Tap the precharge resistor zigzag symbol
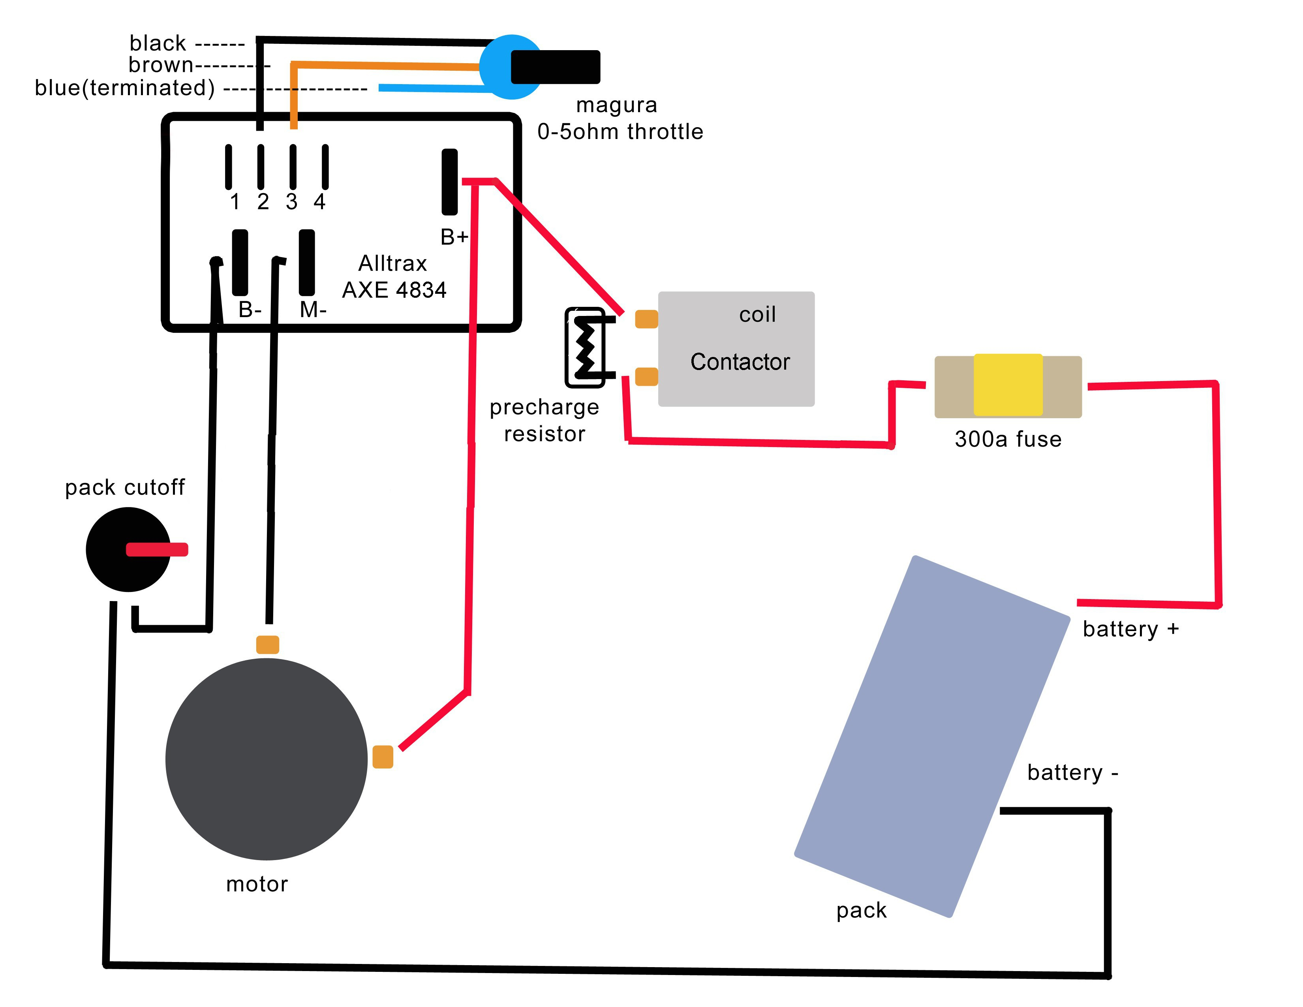585,347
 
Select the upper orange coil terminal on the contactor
646,319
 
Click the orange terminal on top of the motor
267,644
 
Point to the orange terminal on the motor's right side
383,757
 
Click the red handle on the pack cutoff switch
157,549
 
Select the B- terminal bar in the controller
240,263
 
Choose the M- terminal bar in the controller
307,263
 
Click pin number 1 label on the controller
235,202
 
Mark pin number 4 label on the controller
320,202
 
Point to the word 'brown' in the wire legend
160,64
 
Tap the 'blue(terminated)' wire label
124,88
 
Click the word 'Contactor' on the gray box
740,361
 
